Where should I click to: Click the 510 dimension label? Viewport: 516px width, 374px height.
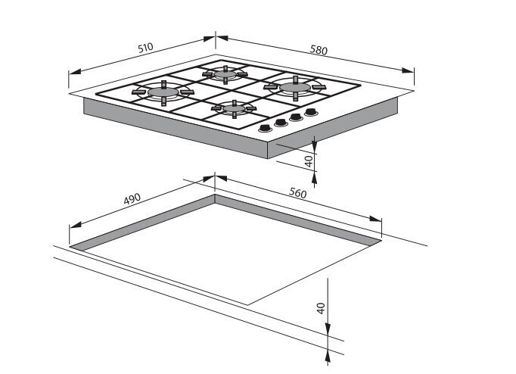coord(145,48)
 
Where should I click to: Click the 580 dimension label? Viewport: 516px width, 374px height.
coord(319,50)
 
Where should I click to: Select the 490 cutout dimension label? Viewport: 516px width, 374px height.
coord(132,199)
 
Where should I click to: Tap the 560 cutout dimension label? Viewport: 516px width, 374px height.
coord(297,193)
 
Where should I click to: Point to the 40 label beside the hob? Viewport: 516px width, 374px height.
coord(309,161)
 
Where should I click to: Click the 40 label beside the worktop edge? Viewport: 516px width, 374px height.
coord(321,308)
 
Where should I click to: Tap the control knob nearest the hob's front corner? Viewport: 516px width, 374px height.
coord(266,129)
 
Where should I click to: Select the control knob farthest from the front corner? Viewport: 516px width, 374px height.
coord(311,112)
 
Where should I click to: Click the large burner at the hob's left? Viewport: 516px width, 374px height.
coord(163,92)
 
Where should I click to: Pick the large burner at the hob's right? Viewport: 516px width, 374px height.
coord(295,87)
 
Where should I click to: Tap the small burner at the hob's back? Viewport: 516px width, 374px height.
coord(225,74)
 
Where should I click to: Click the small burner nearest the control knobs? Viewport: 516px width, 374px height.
coord(235,108)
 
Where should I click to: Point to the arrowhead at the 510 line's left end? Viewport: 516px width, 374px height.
coord(74,71)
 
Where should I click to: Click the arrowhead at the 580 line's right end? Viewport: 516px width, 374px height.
coord(408,70)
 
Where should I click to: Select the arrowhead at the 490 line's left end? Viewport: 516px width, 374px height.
coord(76,225)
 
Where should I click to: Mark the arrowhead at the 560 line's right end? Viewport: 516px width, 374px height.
coord(375,219)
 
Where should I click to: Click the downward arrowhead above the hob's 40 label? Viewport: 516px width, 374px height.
coord(314,146)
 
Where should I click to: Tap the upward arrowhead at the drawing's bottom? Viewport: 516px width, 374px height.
coord(328,357)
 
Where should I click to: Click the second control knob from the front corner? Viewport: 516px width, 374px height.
coord(281,123)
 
